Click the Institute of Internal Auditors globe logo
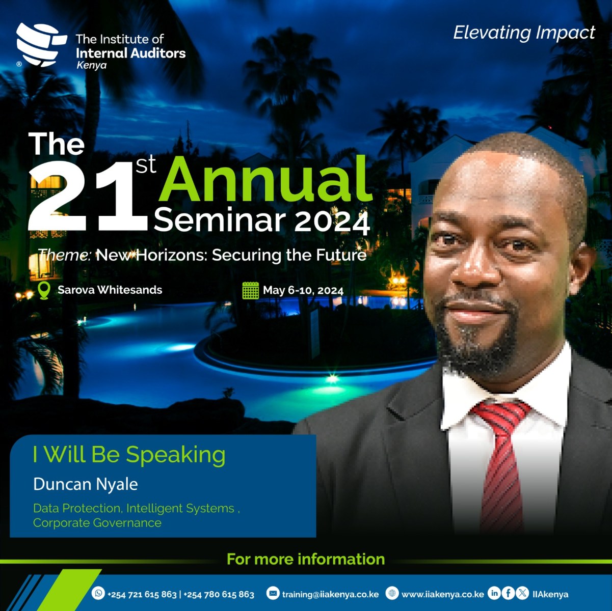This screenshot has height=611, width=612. pos(41,44)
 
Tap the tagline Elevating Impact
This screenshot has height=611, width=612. pos(524,33)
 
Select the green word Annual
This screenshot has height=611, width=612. pos(265,179)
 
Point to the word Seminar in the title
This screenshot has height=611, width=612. pos(220,220)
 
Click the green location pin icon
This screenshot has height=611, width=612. pos(44,290)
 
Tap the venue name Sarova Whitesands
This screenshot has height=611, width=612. pos(110,290)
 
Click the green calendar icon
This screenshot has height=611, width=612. pos(251,290)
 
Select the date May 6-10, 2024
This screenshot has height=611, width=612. pos(303,290)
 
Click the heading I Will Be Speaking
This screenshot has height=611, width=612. pos(129,455)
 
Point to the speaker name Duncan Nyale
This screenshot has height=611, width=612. pos(86,484)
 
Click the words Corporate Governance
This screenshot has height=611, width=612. pos(97,523)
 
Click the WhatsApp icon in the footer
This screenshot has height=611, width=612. pos(98,593)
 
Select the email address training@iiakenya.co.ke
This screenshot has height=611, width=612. pos(330,594)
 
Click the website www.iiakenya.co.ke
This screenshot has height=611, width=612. pos(443,594)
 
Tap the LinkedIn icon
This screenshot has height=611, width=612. pos(494,593)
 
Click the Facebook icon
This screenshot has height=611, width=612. pos(508,593)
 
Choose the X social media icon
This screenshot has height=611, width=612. pos(522,593)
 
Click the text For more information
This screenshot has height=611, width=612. pos(306,559)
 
